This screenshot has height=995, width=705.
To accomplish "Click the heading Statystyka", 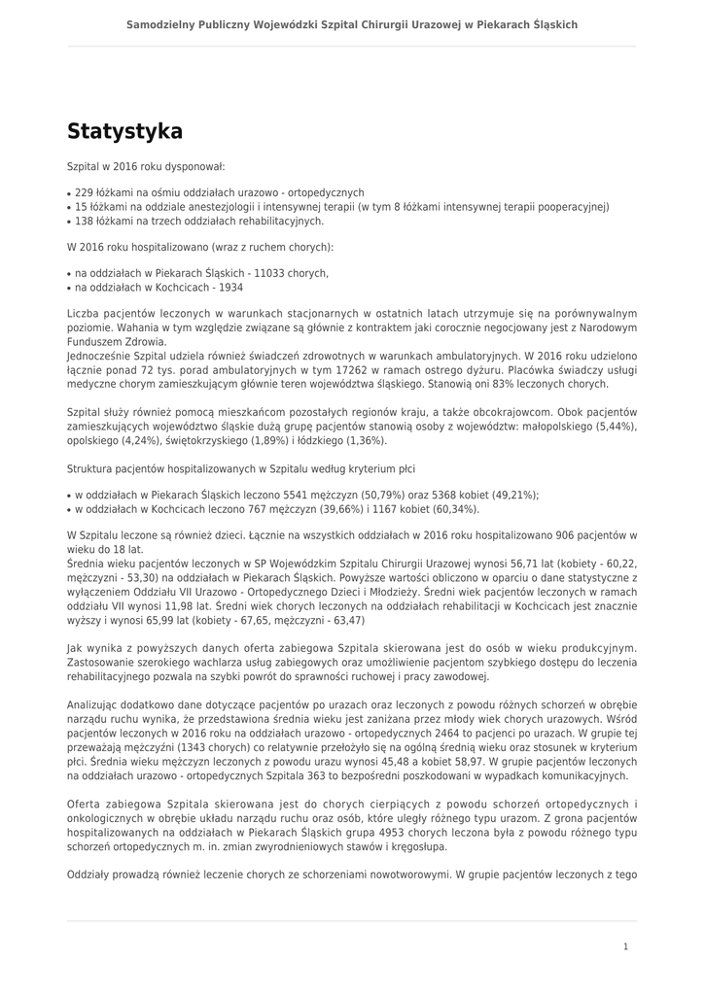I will click(124, 131).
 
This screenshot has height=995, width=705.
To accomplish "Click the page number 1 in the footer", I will click(626, 946).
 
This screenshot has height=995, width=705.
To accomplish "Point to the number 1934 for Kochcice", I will click(231, 288).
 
